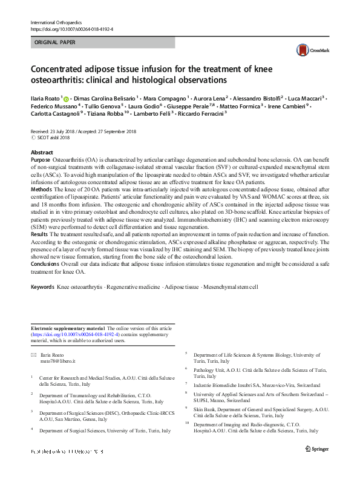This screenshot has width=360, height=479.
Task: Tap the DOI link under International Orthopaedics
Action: click(71, 29)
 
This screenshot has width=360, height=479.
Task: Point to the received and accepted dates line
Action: click(83, 131)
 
